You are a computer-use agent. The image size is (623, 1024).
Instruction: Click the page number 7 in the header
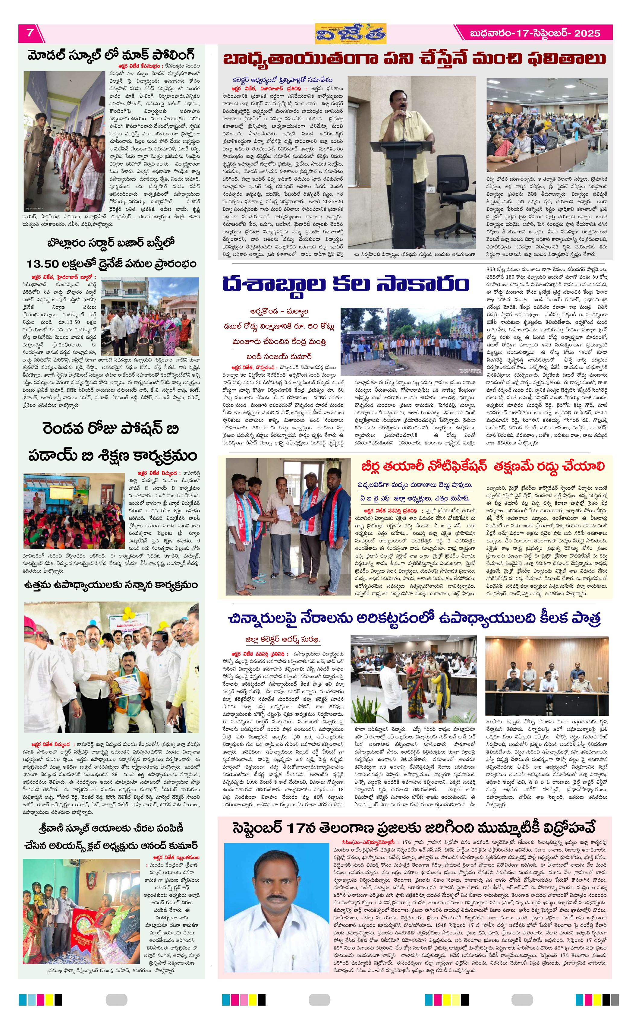click(x=30, y=33)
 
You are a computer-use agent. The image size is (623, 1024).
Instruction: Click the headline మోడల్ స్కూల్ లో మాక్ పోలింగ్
click(x=111, y=55)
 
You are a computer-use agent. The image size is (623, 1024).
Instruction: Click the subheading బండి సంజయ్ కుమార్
click(x=279, y=357)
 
